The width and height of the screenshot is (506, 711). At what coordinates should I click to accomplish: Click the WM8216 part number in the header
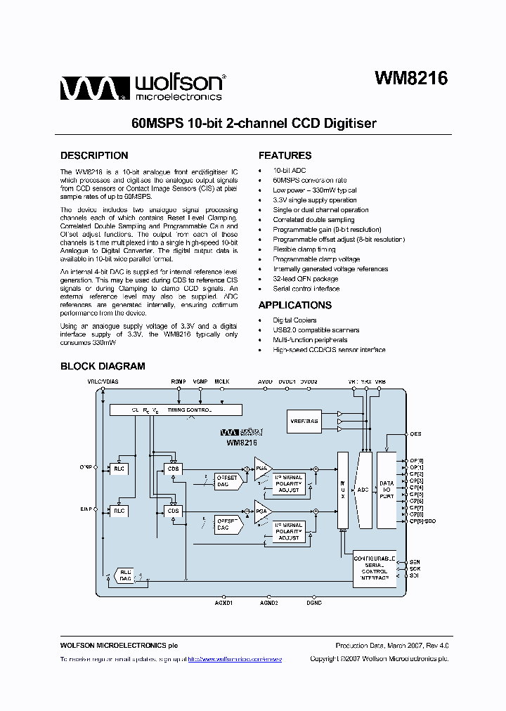[410, 79]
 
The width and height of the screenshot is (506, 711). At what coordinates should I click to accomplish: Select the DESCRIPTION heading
[94, 156]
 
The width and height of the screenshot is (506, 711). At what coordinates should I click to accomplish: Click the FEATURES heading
[285, 156]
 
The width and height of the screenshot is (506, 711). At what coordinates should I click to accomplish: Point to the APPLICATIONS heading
[295, 305]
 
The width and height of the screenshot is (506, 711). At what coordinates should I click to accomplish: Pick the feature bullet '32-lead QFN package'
[305, 279]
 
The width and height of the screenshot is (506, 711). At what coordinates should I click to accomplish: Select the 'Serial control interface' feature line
[306, 289]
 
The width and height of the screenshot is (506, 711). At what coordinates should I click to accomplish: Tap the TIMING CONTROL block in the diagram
[176, 410]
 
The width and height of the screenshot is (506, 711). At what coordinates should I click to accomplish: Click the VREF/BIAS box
[304, 422]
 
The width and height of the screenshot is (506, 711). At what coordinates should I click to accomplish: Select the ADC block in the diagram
[364, 490]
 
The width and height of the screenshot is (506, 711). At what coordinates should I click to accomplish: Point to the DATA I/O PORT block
[387, 490]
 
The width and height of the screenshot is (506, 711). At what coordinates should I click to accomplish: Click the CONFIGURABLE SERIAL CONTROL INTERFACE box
[374, 568]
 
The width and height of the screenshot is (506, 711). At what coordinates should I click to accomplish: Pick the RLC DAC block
[125, 575]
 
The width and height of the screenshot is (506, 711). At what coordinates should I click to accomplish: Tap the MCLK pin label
[222, 381]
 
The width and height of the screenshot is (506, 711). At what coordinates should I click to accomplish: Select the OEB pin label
[415, 434]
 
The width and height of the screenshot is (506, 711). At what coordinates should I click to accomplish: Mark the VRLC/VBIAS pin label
[103, 381]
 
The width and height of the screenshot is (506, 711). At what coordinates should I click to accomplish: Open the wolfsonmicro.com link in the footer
[235, 659]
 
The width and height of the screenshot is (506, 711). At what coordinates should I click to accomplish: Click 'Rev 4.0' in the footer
[436, 645]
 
